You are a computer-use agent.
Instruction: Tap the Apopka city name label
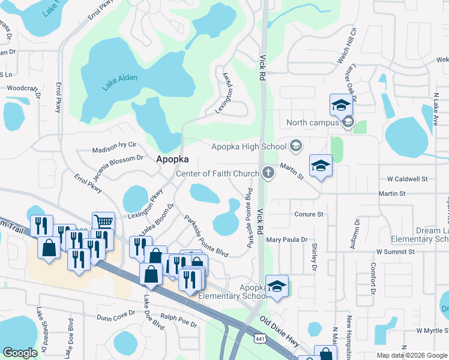(x=173, y=160)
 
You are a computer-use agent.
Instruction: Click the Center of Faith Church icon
(x=268, y=173)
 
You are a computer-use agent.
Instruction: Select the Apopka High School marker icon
(x=295, y=146)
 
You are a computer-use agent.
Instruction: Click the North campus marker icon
(x=348, y=122)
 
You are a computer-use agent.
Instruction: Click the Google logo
(x=20, y=353)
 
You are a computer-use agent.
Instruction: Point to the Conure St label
(x=309, y=214)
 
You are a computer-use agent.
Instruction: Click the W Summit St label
(x=396, y=251)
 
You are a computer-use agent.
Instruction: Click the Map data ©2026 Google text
(x=413, y=355)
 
